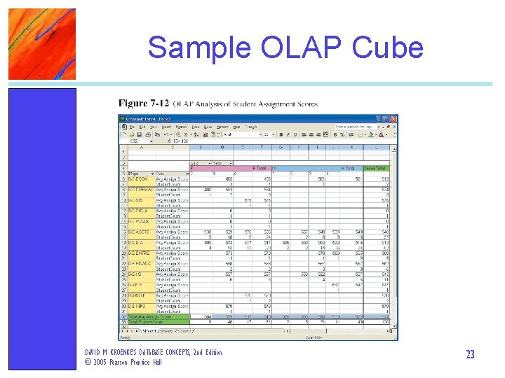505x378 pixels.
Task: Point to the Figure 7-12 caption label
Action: (143, 104)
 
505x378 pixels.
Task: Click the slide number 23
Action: (470, 355)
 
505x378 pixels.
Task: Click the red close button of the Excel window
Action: (393, 118)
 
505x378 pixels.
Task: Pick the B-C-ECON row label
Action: (137, 178)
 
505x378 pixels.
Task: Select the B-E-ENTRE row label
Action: (138, 253)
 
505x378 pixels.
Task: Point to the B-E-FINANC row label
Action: (139, 263)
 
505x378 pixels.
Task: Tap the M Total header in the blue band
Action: (347, 169)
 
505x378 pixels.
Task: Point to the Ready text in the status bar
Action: (125, 336)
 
